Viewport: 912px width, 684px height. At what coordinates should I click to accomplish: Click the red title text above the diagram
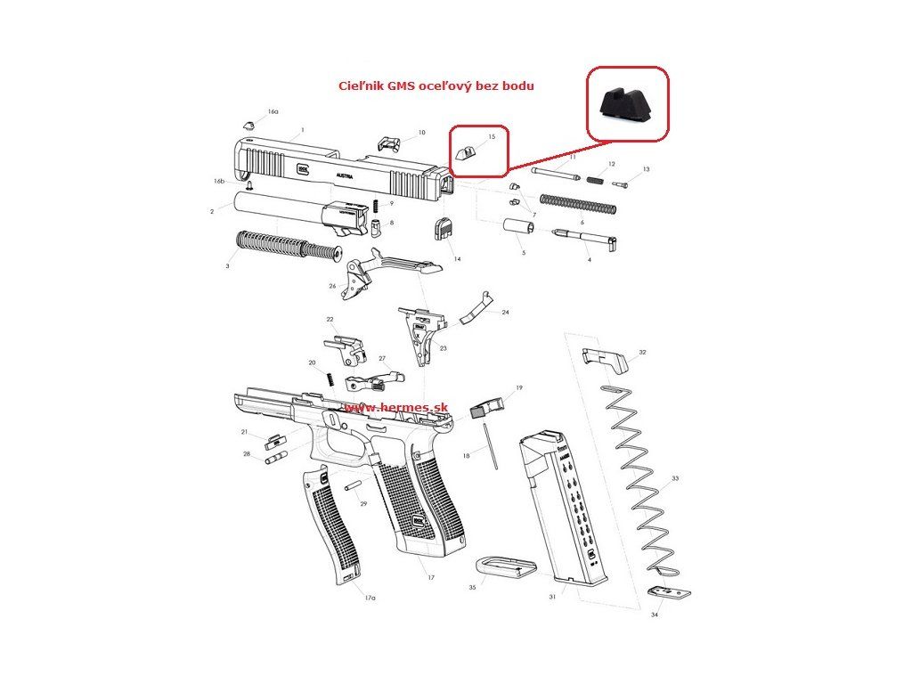pyautogui.click(x=436, y=86)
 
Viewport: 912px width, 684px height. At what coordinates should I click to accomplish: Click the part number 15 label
pyautogui.click(x=491, y=137)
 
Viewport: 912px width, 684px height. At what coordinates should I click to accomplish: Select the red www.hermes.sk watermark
pyautogui.click(x=395, y=407)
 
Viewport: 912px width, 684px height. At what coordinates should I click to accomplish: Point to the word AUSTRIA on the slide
pyautogui.click(x=346, y=177)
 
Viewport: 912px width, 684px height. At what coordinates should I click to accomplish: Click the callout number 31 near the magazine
pyautogui.click(x=552, y=596)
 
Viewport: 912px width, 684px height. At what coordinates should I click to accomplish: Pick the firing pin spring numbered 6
pyautogui.click(x=578, y=204)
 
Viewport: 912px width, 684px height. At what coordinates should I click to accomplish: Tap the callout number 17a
pyautogui.click(x=370, y=598)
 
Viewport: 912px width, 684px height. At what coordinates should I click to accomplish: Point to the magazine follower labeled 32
pyautogui.click(x=606, y=359)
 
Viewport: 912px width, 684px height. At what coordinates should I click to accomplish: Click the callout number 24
pyautogui.click(x=505, y=313)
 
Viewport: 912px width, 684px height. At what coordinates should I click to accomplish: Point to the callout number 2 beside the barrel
pyautogui.click(x=212, y=212)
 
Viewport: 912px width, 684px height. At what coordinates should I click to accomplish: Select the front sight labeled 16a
pyautogui.click(x=250, y=125)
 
